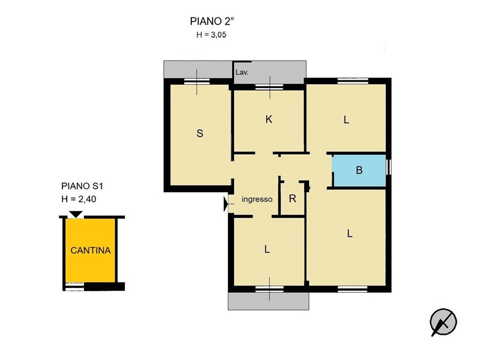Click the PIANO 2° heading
[x=212, y=22]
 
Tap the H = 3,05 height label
[x=211, y=35]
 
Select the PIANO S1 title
[x=82, y=186]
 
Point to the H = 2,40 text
[x=79, y=199]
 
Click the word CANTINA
[x=91, y=250]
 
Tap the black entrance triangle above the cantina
[x=76, y=214]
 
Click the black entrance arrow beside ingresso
[x=226, y=204]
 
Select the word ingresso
[x=257, y=199]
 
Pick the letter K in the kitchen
[x=269, y=119]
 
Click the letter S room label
[x=200, y=133]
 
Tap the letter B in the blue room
[x=359, y=170]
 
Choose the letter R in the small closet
[x=292, y=199]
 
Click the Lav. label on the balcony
[x=242, y=73]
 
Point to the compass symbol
[x=443, y=322]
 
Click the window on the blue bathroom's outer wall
[x=388, y=167]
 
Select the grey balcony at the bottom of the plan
[x=268, y=301]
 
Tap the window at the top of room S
[x=197, y=81]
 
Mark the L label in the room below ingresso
[x=267, y=250]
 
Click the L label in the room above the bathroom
[x=346, y=119]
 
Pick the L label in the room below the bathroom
[x=350, y=234]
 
